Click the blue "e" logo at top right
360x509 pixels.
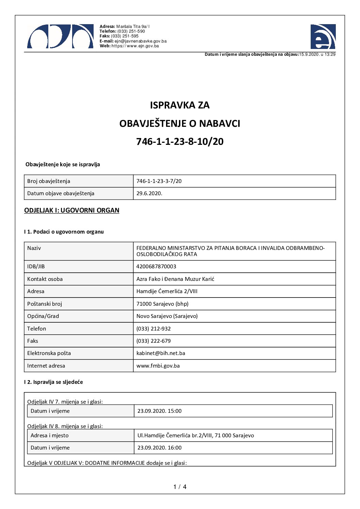pyautogui.click(x=323, y=37)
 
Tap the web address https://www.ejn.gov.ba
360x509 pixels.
pyautogui.click(x=135, y=46)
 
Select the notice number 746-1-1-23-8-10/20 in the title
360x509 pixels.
pyautogui.click(x=180, y=141)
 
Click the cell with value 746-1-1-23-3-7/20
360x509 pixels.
pyautogui.click(x=159, y=181)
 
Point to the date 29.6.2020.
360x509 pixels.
pyautogui.click(x=149, y=193)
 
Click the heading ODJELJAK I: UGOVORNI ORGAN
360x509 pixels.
pyautogui.click(x=71, y=210)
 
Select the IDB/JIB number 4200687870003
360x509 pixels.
pyautogui.click(x=156, y=267)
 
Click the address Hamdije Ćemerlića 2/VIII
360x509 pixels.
pyautogui.click(x=167, y=291)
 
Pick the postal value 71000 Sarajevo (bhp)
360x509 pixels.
pyautogui.click(x=162, y=304)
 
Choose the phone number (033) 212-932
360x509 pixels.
pyautogui.click(x=153, y=329)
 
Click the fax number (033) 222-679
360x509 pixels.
pyautogui.click(x=153, y=341)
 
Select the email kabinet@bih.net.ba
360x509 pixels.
pyautogui.click(x=161, y=353)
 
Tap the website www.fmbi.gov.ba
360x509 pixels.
pyautogui.click(x=158, y=366)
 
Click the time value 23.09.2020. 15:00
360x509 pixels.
pyautogui.click(x=159, y=411)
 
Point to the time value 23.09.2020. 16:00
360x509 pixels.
pyautogui.click(x=159, y=448)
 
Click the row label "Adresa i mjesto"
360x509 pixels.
pyautogui.click(x=50, y=436)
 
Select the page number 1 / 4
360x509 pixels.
pyautogui.click(x=180, y=487)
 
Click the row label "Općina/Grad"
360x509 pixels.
pyautogui.click(x=43, y=316)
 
